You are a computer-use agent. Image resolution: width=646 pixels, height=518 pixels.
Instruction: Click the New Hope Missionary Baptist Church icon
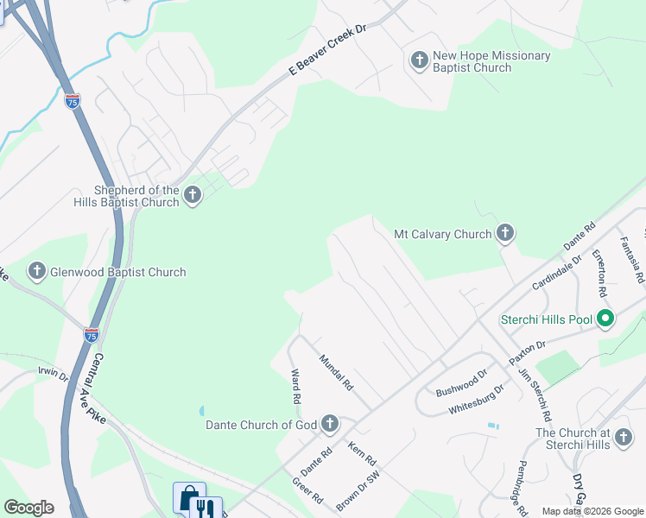419,60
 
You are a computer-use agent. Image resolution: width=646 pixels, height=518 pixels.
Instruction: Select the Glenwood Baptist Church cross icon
37,272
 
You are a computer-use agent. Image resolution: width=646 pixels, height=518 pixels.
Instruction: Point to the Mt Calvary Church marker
505,233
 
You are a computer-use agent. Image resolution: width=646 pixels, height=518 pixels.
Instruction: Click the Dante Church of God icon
330,424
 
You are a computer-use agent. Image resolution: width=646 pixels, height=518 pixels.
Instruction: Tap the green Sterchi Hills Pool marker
605,319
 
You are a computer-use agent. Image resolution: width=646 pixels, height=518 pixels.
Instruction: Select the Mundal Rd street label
337,372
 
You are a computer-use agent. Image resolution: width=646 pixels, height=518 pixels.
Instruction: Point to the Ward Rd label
295,388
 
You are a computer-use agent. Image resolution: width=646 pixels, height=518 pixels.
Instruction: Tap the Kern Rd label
363,452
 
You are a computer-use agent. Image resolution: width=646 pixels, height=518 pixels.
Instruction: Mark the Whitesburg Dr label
476,400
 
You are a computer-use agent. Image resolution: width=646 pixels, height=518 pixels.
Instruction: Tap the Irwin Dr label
53,373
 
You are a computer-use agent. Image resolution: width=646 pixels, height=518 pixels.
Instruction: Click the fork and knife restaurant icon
206,508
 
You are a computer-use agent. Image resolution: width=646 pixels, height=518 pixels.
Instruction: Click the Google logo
28,508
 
